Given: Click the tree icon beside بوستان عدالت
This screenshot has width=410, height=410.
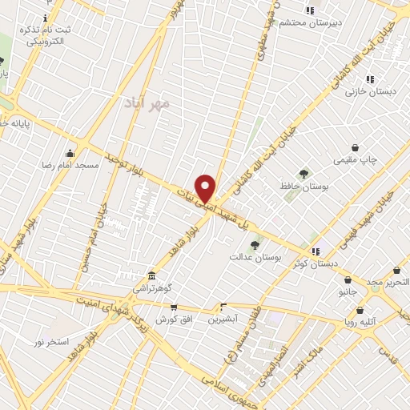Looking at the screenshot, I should [x=255, y=245].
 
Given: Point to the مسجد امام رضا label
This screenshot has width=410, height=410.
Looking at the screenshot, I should [x=72, y=165].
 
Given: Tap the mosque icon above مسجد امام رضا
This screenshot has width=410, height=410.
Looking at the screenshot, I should [x=71, y=153].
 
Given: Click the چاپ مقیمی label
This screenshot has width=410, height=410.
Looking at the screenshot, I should [x=355, y=159].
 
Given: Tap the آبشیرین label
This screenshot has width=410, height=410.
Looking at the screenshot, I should [x=224, y=320].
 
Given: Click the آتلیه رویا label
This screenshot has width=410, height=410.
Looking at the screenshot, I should [x=360, y=323].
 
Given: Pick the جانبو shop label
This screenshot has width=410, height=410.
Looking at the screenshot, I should [x=348, y=292].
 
